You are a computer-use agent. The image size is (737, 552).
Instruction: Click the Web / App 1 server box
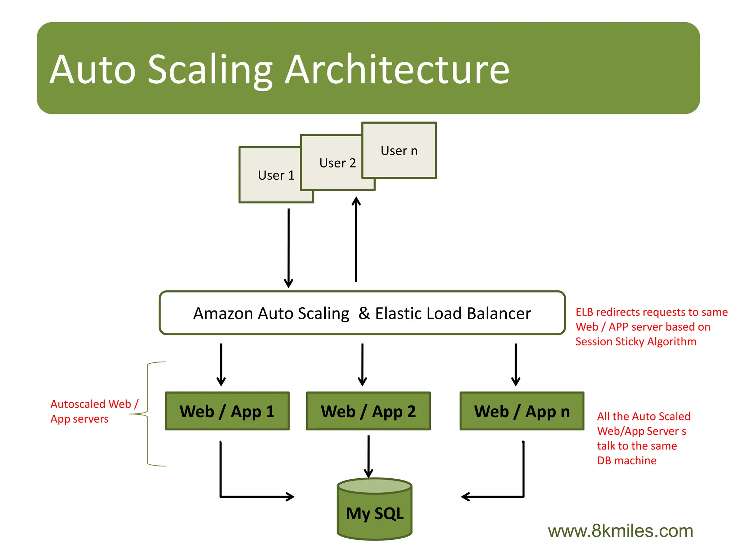point(227,411)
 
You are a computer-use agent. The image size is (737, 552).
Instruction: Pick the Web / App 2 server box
point(368,411)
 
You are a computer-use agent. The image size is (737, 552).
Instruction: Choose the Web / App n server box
point(522,411)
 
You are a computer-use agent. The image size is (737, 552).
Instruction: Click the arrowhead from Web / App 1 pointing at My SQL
point(290,497)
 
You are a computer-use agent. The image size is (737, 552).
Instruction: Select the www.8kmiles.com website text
point(620,531)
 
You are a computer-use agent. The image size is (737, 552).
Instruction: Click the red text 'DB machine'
point(627,460)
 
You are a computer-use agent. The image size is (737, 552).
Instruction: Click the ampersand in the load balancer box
point(364,313)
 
